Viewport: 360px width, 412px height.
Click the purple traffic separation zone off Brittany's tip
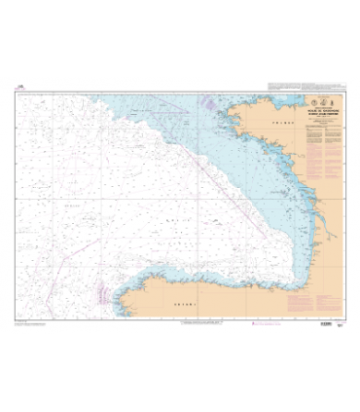[x=206, y=100]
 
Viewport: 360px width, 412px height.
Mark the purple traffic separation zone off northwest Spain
[x=101, y=289]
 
